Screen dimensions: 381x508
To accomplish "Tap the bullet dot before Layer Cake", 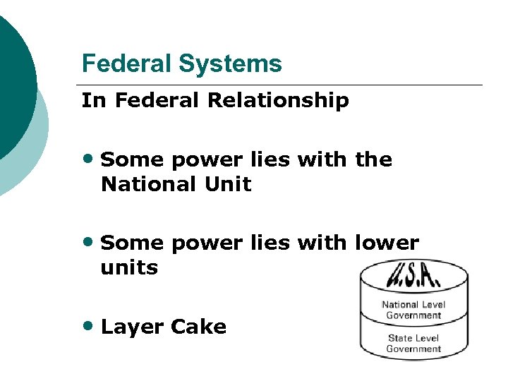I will pos(90,326).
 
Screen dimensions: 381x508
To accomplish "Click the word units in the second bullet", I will pos(129,268).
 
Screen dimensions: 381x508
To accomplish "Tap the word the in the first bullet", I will pos(374,159).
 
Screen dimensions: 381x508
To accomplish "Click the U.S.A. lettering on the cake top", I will pos(413,273).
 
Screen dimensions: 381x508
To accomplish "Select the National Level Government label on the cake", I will pos(413,310).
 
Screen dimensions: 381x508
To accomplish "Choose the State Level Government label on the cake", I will pos(413,343).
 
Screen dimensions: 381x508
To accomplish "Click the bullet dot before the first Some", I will pos(90,159).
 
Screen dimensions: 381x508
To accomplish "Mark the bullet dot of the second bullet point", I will pos(90,243).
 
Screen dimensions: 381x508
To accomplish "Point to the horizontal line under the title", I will pos(282,85).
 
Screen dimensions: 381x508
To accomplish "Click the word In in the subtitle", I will pos(92,101).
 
